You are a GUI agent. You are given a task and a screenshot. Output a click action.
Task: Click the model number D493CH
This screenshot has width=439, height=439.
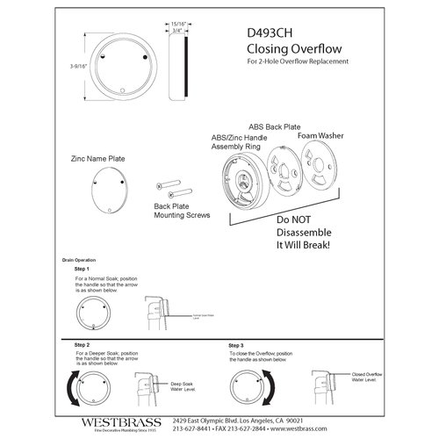point(274,30)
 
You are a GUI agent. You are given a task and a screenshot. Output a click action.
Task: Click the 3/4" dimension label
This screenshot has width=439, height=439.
point(178,34)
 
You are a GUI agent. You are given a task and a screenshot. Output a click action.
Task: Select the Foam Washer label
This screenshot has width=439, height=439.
point(321,136)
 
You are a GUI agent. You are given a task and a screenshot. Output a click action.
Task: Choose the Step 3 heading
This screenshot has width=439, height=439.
point(236,346)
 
